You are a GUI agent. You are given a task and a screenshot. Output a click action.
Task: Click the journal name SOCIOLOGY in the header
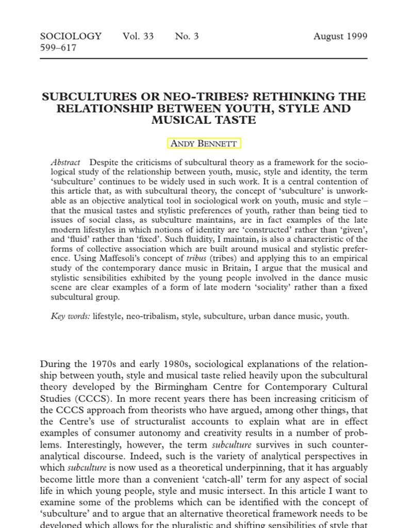tap(71, 37)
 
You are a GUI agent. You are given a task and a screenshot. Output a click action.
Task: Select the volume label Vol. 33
tap(138, 37)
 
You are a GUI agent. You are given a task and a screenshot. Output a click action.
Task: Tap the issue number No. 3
tap(186, 37)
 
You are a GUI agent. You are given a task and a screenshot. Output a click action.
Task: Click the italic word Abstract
tap(66, 162)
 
